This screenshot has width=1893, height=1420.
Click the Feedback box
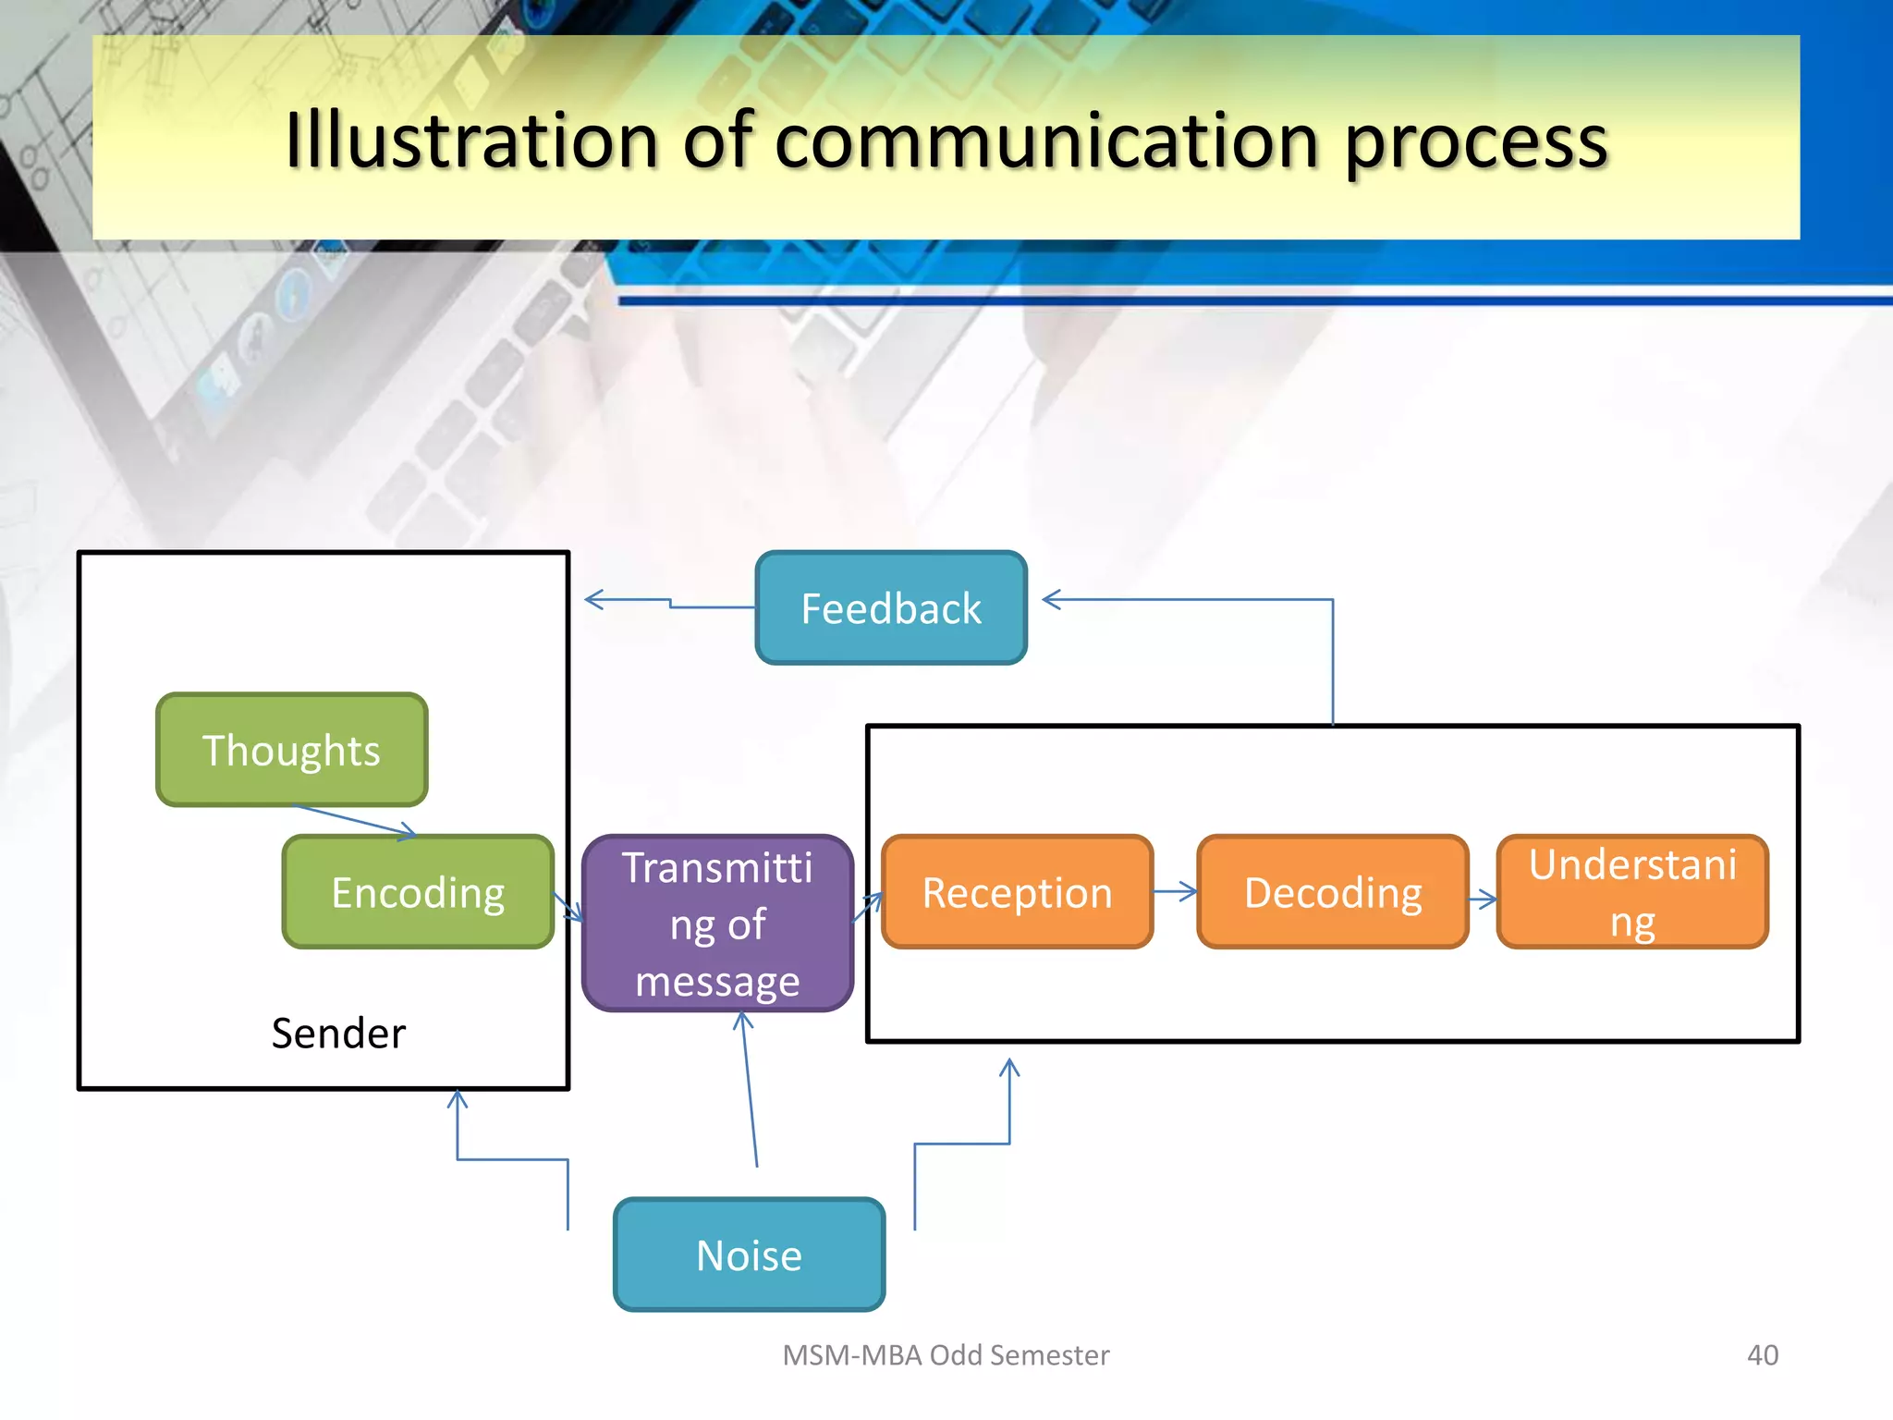tap(891, 607)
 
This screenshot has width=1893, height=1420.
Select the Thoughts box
tap(291, 750)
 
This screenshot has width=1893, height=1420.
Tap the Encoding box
tap(418, 892)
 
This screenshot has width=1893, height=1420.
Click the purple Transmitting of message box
tap(717, 924)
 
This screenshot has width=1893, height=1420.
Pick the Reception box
tap(1017, 892)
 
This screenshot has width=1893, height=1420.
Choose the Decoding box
tap(1332, 892)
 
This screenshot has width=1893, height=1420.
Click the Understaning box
tap(1631, 892)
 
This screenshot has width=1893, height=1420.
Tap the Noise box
tap(749, 1255)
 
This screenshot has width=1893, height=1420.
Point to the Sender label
tap(338, 1033)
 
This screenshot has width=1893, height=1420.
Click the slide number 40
tap(1762, 1354)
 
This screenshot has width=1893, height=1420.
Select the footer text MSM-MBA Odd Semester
tap(946, 1354)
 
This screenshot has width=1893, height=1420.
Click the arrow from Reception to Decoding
tap(1176, 892)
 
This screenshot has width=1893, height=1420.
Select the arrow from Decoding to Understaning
tap(1483, 899)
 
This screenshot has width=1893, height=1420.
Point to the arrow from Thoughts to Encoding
tap(356, 821)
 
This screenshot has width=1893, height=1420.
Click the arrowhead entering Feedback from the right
tap(1051, 599)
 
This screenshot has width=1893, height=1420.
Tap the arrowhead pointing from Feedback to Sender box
tap(593, 599)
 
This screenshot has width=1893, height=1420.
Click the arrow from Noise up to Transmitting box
tap(750, 1091)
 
